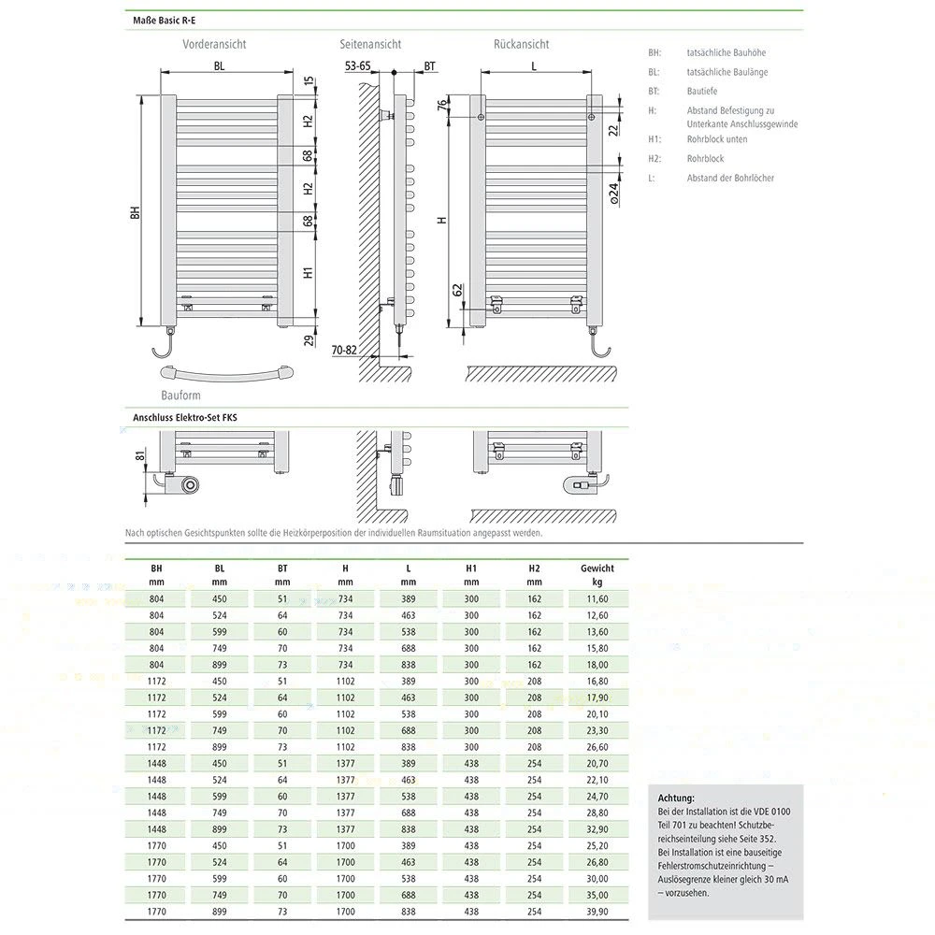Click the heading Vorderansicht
point(214,44)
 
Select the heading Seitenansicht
point(370,44)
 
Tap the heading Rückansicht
point(521,44)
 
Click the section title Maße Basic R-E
point(164,21)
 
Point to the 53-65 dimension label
point(358,66)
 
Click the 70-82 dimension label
point(344,350)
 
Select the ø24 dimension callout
point(614,194)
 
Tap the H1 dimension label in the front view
point(308,272)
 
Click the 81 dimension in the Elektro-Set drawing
point(140,455)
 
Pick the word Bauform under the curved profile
point(180,396)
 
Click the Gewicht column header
point(597,568)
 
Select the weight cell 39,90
point(597,911)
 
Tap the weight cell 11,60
point(597,598)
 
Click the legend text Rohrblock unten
point(717,139)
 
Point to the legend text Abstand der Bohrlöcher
point(730,178)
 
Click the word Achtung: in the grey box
point(676,798)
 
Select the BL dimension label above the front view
point(220,66)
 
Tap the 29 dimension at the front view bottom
point(309,340)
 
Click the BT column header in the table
point(282,568)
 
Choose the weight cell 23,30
point(597,730)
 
